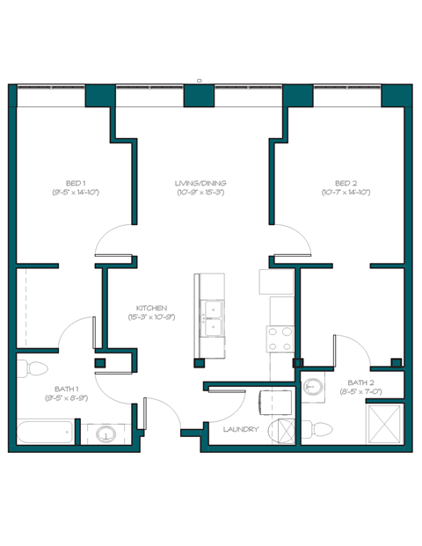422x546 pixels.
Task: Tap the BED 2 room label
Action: pos(346,183)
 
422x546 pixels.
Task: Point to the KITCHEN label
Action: pos(152,308)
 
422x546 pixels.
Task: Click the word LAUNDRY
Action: pos(241,429)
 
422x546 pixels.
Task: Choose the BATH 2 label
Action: pos(360,382)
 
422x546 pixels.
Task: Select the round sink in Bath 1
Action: pos(106,434)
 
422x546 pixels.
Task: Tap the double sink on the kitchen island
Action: pos(211,317)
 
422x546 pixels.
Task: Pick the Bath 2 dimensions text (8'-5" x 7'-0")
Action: pos(360,392)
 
